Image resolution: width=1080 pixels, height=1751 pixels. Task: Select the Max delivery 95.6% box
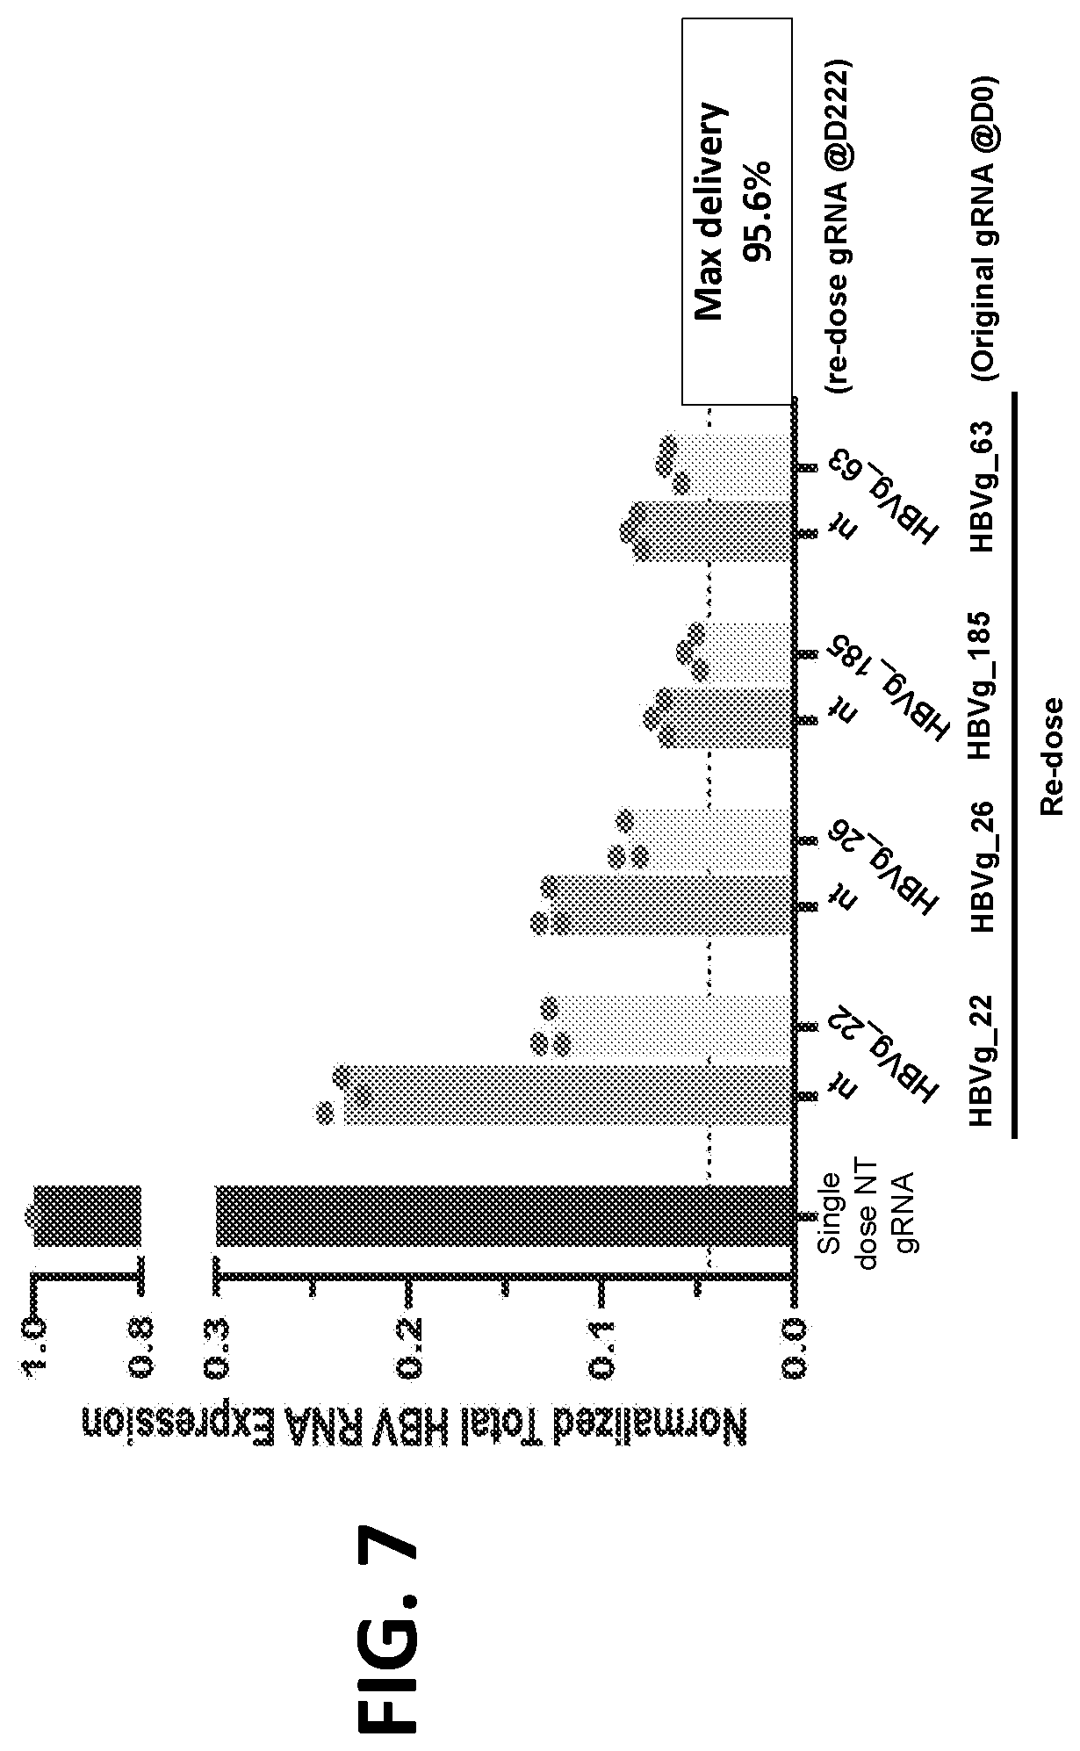(737, 212)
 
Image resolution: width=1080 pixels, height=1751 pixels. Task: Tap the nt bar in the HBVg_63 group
(713, 531)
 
